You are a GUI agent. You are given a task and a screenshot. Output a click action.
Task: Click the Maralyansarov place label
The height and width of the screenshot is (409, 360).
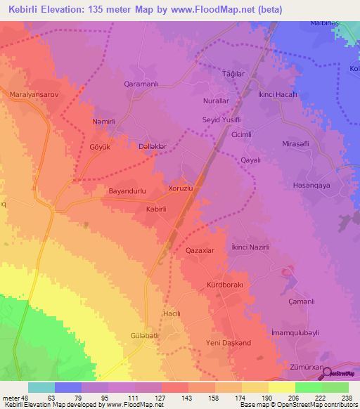point(33,93)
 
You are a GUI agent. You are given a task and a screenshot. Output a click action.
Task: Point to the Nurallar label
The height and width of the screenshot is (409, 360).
point(217,101)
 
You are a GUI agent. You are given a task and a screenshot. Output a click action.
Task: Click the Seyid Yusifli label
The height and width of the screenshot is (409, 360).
point(222,119)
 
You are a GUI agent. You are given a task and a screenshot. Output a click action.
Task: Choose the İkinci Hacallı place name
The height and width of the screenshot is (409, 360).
point(277,94)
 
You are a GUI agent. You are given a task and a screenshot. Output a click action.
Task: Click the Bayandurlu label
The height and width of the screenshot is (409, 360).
point(127,190)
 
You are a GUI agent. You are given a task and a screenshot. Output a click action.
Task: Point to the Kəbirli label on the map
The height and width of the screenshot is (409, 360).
point(155,209)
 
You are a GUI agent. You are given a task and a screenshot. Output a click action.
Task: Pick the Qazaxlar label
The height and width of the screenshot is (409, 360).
point(199,250)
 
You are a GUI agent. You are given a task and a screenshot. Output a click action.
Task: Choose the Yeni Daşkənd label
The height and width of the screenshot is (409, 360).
point(227,342)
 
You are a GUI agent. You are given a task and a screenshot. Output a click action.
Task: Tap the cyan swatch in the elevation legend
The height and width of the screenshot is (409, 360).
point(41,387)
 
